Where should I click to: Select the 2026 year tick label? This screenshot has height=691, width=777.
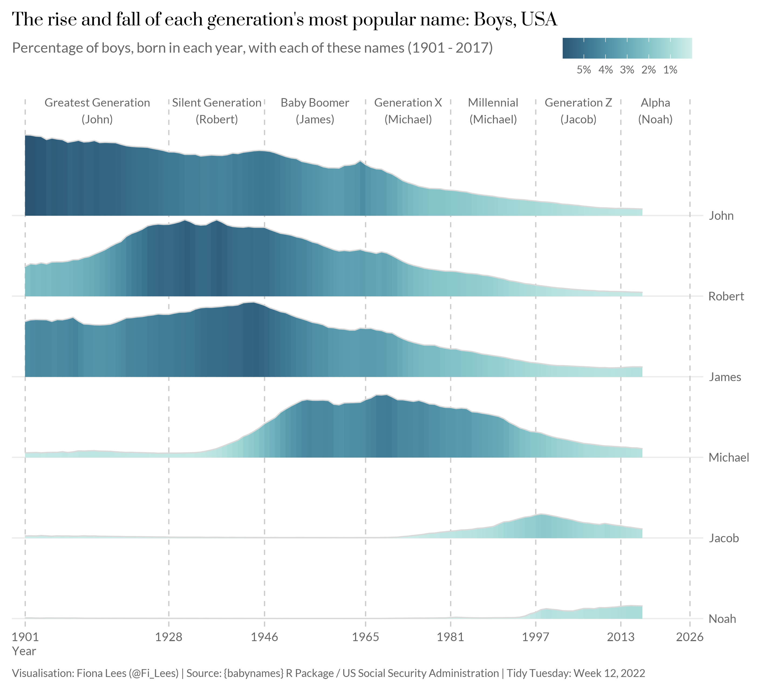(x=690, y=637)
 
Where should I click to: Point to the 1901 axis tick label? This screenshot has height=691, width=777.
(x=25, y=637)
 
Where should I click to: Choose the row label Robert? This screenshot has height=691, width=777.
(x=726, y=296)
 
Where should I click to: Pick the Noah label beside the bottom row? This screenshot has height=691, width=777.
(x=722, y=619)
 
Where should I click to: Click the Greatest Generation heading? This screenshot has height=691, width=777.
(x=97, y=103)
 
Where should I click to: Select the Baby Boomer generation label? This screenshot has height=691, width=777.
(x=315, y=103)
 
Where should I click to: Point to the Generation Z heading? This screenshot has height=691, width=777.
(x=578, y=103)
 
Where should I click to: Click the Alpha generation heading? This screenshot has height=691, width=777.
(x=655, y=103)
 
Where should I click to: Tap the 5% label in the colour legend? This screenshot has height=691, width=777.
(x=584, y=70)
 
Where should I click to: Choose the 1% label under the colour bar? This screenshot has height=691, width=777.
(x=670, y=70)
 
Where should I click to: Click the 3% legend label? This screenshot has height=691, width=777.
(x=627, y=70)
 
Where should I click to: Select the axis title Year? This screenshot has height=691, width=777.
(x=24, y=651)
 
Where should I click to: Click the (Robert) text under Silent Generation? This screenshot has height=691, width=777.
(x=217, y=119)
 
